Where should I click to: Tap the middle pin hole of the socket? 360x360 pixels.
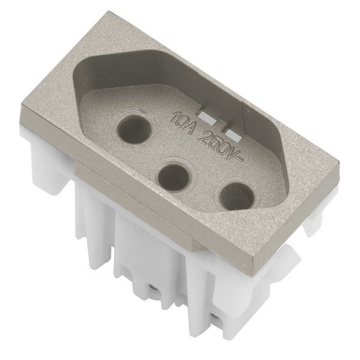tap(174, 177)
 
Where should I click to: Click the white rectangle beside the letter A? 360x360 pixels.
tap(206, 117)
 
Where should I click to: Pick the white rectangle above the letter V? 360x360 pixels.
tap(233, 136)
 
